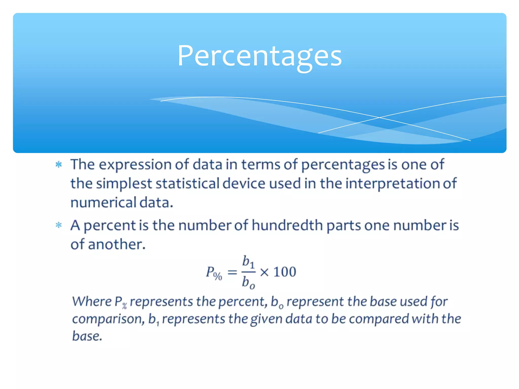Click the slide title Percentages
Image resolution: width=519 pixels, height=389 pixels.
click(x=259, y=56)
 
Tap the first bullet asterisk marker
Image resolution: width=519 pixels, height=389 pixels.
click(x=59, y=165)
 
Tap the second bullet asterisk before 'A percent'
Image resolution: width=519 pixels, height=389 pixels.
click(x=59, y=225)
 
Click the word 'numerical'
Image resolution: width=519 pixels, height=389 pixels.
click(x=103, y=203)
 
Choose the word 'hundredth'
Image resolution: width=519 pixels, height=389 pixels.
click(x=287, y=225)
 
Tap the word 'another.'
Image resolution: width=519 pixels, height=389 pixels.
click(x=117, y=244)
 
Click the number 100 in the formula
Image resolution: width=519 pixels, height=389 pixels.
click(x=285, y=272)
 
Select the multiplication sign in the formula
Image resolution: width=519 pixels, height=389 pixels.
click(x=264, y=273)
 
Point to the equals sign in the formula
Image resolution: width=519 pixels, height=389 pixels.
click(x=232, y=273)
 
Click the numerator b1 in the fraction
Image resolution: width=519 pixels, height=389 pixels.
click(x=248, y=261)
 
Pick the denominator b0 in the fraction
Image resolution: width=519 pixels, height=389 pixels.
click(x=248, y=283)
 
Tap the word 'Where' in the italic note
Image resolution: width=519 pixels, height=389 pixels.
click(x=92, y=302)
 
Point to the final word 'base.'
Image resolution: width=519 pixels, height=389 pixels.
click(x=87, y=336)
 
